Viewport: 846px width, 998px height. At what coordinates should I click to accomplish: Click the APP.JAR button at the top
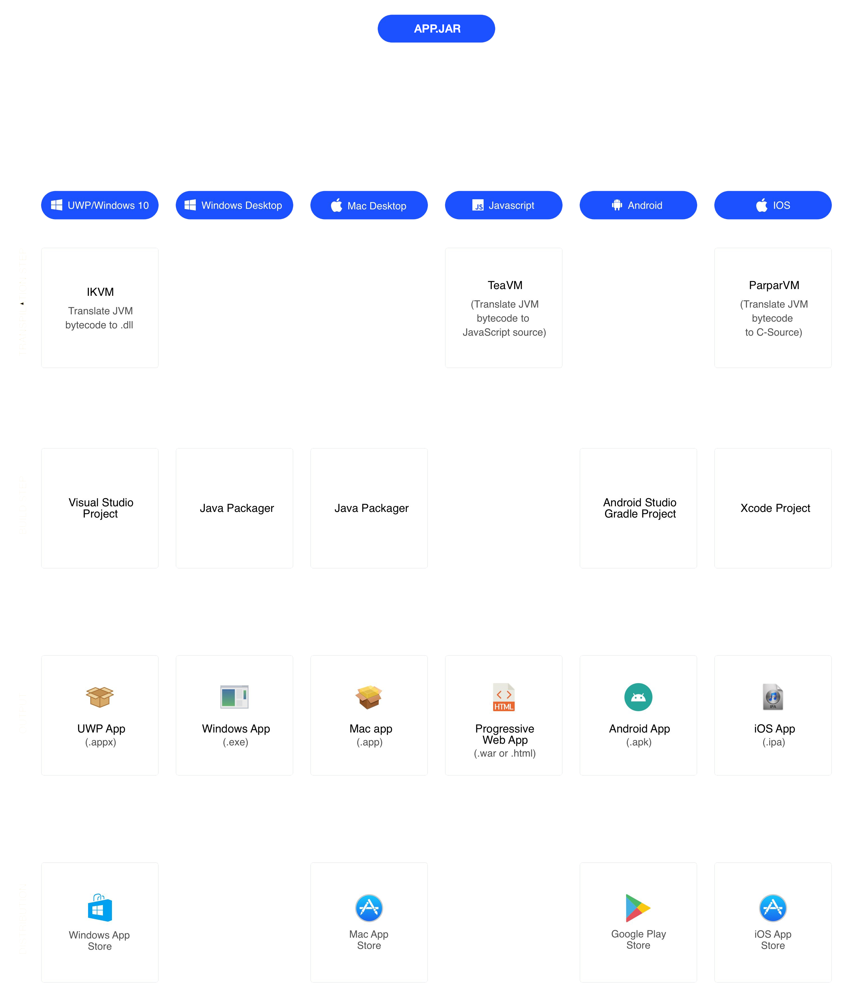click(436, 29)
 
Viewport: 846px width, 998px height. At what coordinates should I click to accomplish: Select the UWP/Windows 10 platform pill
click(100, 205)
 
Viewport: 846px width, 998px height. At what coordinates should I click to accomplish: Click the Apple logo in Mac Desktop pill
click(337, 205)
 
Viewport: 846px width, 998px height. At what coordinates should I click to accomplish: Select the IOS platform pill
click(773, 205)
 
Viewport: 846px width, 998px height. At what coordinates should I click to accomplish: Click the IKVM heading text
click(100, 292)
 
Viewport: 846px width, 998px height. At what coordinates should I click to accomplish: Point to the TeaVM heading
click(505, 285)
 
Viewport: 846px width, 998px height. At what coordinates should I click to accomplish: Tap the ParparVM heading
click(774, 285)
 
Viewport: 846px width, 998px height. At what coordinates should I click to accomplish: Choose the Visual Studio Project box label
click(101, 508)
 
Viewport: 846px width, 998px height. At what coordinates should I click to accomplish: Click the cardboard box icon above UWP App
click(100, 697)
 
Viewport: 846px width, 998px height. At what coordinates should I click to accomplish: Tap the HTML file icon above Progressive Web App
click(504, 697)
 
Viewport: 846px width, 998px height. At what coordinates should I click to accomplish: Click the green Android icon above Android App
click(638, 697)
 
